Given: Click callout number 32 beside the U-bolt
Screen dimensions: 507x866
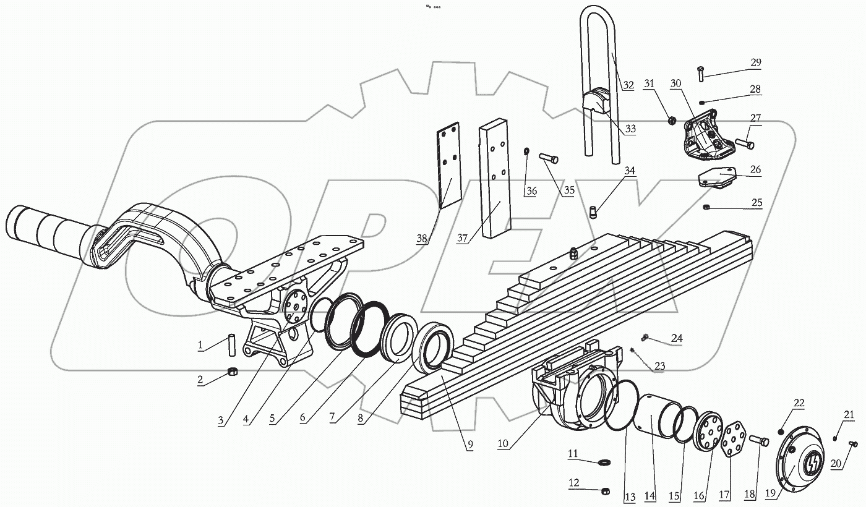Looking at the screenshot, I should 628,85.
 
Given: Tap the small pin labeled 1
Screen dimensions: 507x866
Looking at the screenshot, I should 233,344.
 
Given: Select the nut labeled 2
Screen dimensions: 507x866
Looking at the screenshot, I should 234,371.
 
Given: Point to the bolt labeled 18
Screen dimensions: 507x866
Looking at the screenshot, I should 760,442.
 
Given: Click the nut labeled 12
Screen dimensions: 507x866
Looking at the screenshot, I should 606,491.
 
